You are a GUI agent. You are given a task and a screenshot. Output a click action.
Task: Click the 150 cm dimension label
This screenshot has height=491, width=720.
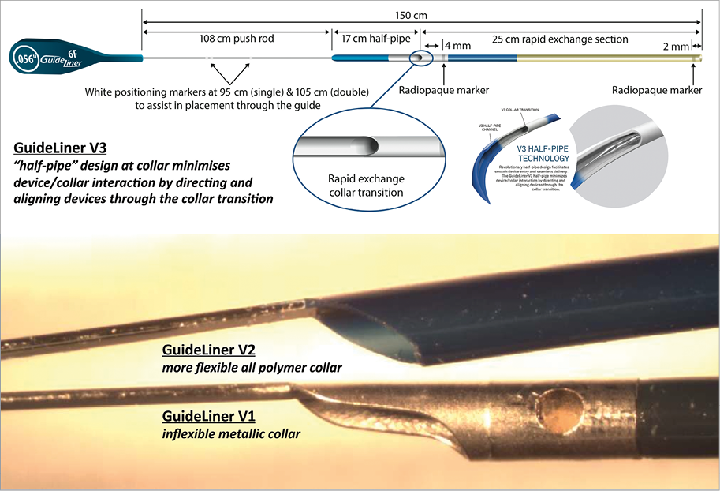[x=416, y=13]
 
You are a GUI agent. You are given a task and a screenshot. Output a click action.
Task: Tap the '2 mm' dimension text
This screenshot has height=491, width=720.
[x=675, y=46]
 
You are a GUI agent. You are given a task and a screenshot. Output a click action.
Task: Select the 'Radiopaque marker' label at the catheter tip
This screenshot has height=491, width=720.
[x=657, y=90]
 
